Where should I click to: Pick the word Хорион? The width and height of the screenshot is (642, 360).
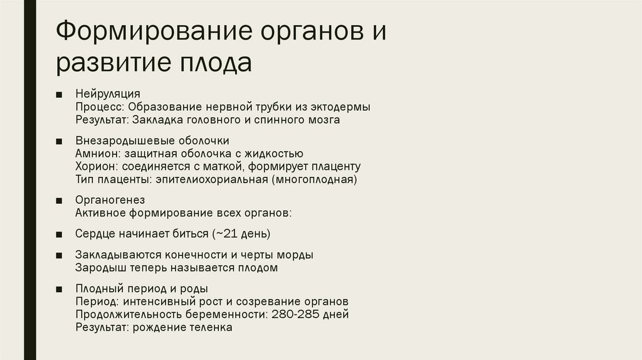pos(95,166)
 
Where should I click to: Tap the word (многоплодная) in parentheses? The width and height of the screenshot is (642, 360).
pos(314,179)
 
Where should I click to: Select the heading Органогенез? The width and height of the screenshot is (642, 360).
pos(110,200)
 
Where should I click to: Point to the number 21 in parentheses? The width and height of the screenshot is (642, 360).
pos(232,234)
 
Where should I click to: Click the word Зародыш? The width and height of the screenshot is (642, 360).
pos(98,268)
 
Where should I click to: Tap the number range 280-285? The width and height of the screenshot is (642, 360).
pos(295,314)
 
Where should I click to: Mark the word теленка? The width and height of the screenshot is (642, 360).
pos(212,327)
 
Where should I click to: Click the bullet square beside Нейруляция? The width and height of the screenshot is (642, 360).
pos(58,95)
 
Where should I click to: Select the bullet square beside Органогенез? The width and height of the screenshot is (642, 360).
pos(58,201)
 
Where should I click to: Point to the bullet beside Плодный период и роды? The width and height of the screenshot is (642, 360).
pos(58,289)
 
